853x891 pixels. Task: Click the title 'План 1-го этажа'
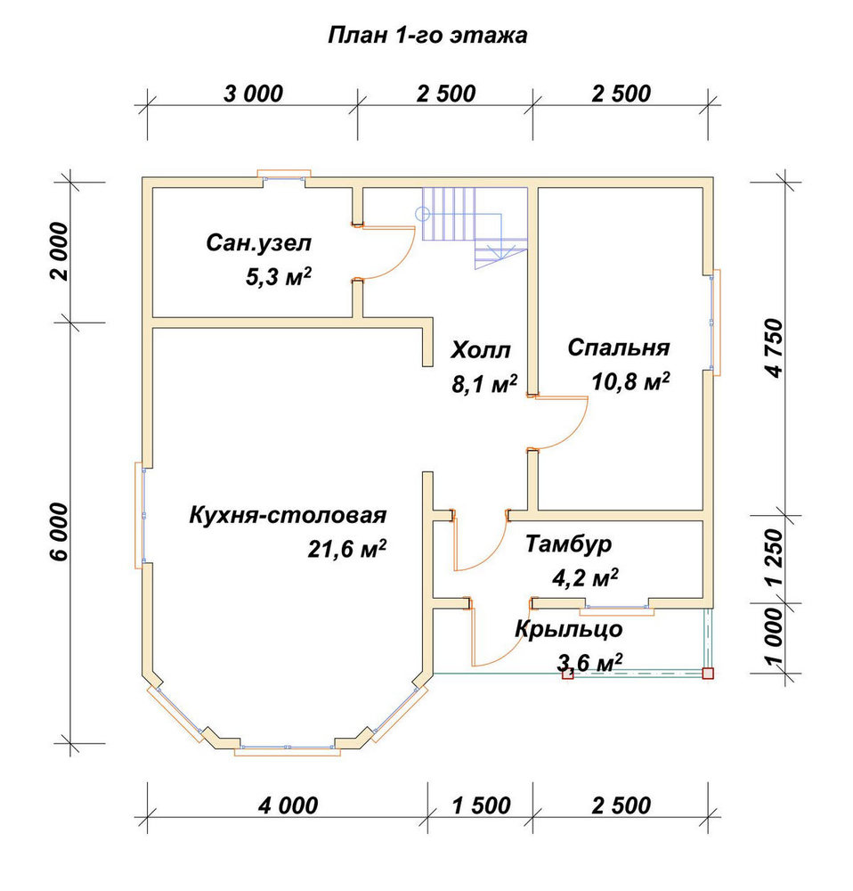tap(427, 36)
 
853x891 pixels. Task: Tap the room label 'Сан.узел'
tap(259, 243)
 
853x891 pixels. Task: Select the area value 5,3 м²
tap(279, 277)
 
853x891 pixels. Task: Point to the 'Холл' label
tap(481, 350)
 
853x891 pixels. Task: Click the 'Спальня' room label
tap(619, 347)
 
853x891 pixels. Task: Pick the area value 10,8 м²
tap(630, 381)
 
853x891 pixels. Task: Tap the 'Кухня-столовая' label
tap(288, 515)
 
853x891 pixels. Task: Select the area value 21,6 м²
tap(347, 548)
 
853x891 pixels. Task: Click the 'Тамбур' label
tap(568, 544)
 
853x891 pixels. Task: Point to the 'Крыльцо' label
tap(568, 630)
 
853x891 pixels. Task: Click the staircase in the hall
tap(475, 226)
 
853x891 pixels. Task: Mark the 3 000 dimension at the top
tap(253, 94)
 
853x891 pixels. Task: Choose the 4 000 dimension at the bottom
tap(288, 805)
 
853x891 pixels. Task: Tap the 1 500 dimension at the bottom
tap(482, 805)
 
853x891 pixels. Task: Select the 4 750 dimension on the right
tap(774, 348)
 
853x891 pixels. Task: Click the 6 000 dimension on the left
tap(59, 532)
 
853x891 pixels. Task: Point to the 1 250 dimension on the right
tap(774, 558)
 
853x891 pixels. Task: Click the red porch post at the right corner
tap(708, 674)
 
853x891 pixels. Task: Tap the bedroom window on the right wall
tap(712, 323)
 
